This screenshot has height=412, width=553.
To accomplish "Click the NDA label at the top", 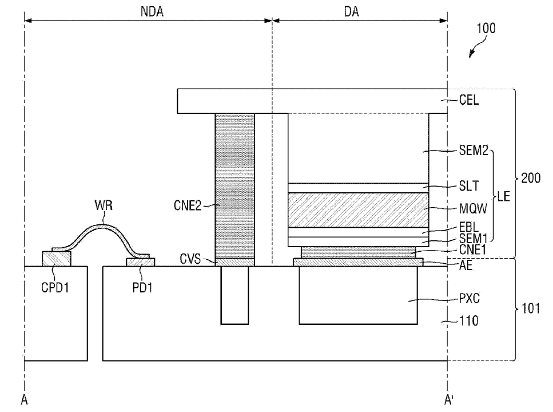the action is (152, 11).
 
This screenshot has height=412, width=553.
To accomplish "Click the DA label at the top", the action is (351, 11).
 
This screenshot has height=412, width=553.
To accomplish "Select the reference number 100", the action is (486, 28).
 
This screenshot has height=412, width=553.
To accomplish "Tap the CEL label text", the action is (469, 100).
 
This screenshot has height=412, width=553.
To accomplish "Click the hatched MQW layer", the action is (359, 210).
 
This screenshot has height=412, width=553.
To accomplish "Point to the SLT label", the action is (469, 186).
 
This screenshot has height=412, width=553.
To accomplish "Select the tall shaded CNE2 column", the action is (234, 186).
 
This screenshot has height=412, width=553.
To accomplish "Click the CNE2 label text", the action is (187, 205).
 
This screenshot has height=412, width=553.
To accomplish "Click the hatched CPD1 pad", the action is (57, 259).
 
